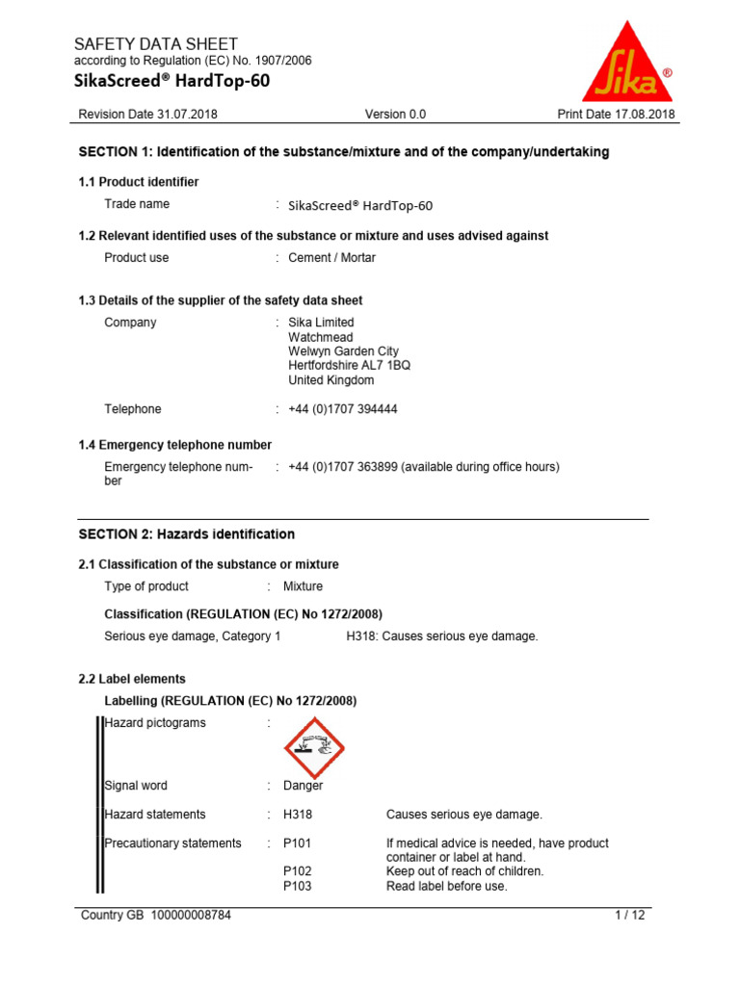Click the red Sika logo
coord(627,65)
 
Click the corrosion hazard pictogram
coord(313,748)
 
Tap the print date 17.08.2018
coord(645,115)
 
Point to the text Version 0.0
coord(395,115)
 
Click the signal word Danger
coord(304,786)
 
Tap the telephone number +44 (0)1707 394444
coord(343,409)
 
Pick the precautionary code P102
coord(297,871)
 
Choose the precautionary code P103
coord(297,886)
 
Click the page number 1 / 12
coord(630,916)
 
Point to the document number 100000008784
coord(190,916)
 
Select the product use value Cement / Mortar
coord(332,258)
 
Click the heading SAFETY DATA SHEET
coord(156,44)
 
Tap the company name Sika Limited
coord(321,323)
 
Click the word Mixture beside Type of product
coord(304,586)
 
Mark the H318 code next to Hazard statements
coord(298,815)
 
